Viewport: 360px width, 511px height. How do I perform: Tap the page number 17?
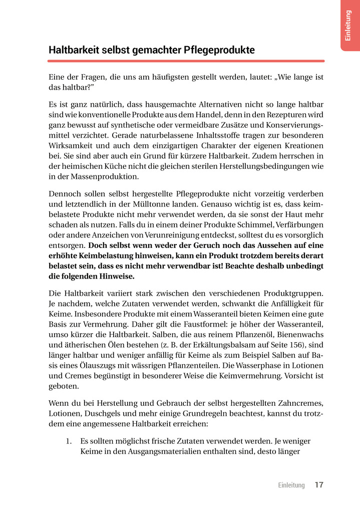click(x=319, y=485)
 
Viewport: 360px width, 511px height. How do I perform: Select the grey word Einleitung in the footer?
click(x=291, y=485)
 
